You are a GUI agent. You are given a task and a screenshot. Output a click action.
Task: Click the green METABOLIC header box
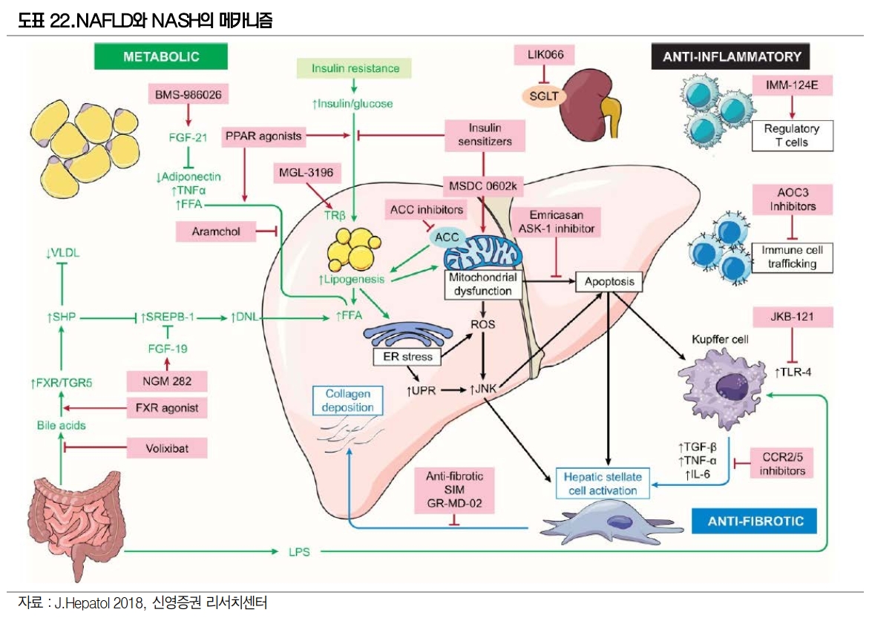[x=161, y=56]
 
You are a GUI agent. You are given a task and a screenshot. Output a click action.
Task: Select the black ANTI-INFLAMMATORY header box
[x=730, y=56]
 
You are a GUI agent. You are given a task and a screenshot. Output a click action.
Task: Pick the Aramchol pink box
[x=215, y=232]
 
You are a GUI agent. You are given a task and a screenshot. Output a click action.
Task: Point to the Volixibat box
[x=165, y=448]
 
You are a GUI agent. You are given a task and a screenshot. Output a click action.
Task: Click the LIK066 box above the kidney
[x=545, y=54]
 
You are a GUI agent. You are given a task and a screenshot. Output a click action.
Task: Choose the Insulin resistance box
[x=355, y=68]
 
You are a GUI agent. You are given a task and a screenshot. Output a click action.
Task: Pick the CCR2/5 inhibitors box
[x=778, y=463]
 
